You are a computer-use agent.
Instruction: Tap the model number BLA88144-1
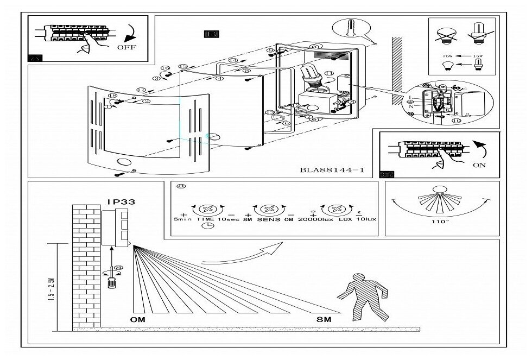click(x=332, y=170)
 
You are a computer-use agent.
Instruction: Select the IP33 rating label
click(x=121, y=201)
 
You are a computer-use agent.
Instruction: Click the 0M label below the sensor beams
click(x=137, y=320)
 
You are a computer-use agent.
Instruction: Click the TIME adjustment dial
click(x=206, y=209)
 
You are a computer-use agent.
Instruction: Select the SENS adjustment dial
click(x=269, y=209)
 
